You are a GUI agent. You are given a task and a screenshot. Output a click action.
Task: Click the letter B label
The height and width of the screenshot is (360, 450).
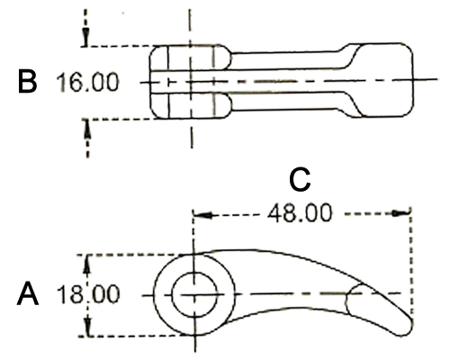point(27,81)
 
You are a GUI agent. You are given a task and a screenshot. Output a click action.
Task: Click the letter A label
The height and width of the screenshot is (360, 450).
point(28,293)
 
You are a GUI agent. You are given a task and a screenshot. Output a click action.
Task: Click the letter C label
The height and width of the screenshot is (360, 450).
point(300,180)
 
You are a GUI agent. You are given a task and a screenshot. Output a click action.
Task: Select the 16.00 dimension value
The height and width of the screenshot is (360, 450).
point(88,82)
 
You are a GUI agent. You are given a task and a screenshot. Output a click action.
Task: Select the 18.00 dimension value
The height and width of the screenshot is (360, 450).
point(88,294)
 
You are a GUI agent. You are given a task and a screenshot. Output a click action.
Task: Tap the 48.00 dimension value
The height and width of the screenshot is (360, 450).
point(301,213)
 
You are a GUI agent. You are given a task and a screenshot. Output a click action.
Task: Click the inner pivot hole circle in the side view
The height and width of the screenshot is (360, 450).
point(194,294)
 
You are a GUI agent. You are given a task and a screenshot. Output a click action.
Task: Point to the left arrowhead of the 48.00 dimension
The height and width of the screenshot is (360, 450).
point(203,215)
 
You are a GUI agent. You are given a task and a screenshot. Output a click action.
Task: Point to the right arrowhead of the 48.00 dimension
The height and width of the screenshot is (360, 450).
point(401,213)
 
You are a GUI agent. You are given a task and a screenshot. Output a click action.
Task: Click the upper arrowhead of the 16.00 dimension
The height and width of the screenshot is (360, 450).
point(86,38)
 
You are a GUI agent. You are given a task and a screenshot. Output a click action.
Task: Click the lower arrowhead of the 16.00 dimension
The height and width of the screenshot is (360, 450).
point(87,129)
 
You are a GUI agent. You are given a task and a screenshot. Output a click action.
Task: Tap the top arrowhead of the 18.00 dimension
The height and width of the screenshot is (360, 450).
point(86,264)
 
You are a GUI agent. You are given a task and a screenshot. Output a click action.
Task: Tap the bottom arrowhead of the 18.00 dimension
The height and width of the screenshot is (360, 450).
point(87,328)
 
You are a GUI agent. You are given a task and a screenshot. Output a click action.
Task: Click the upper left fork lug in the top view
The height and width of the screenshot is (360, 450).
point(190,58)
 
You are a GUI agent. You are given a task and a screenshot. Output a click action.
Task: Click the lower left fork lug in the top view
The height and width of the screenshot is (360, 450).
point(190,105)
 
